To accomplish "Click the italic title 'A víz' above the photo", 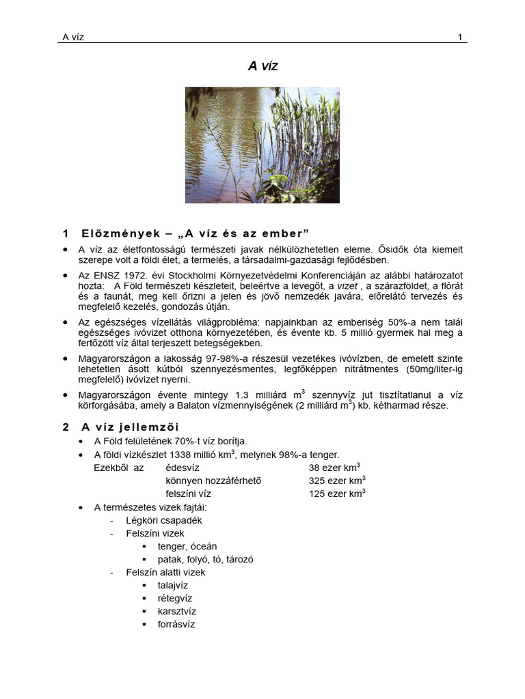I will click(x=262, y=66).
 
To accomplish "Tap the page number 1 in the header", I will click(x=460, y=37).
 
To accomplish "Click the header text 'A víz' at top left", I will click(x=73, y=37).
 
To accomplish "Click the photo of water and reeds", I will click(x=262, y=145).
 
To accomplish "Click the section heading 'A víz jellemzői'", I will click(x=131, y=427).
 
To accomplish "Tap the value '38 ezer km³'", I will click(x=334, y=468).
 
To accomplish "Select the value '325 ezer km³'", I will click(x=337, y=481).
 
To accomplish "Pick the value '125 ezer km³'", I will click(x=337, y=494).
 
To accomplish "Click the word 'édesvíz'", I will click(x=183, y=468).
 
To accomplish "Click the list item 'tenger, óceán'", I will click(x=187, y=546).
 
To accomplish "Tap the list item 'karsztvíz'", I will click(x=176, y=611).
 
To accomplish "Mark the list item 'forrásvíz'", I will click(x=176, y=624).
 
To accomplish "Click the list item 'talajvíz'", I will click(x=173, y=585).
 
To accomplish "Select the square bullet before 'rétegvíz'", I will click(x=145, y=599).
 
